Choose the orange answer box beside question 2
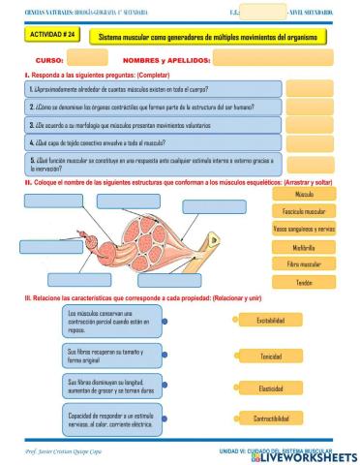[309, 107]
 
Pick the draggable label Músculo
[304, 194]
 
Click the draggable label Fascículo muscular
[304, 211]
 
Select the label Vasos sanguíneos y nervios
[304, 229]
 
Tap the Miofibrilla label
[304, 247]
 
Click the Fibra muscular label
[304, 264]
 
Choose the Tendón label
[304, 283]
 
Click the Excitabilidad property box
[270, 321]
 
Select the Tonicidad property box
[270, 356]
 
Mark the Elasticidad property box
[270, 388]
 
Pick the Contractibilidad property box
[270, 419]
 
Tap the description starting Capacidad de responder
[114, 419]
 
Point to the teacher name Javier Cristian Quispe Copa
[74, 452]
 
